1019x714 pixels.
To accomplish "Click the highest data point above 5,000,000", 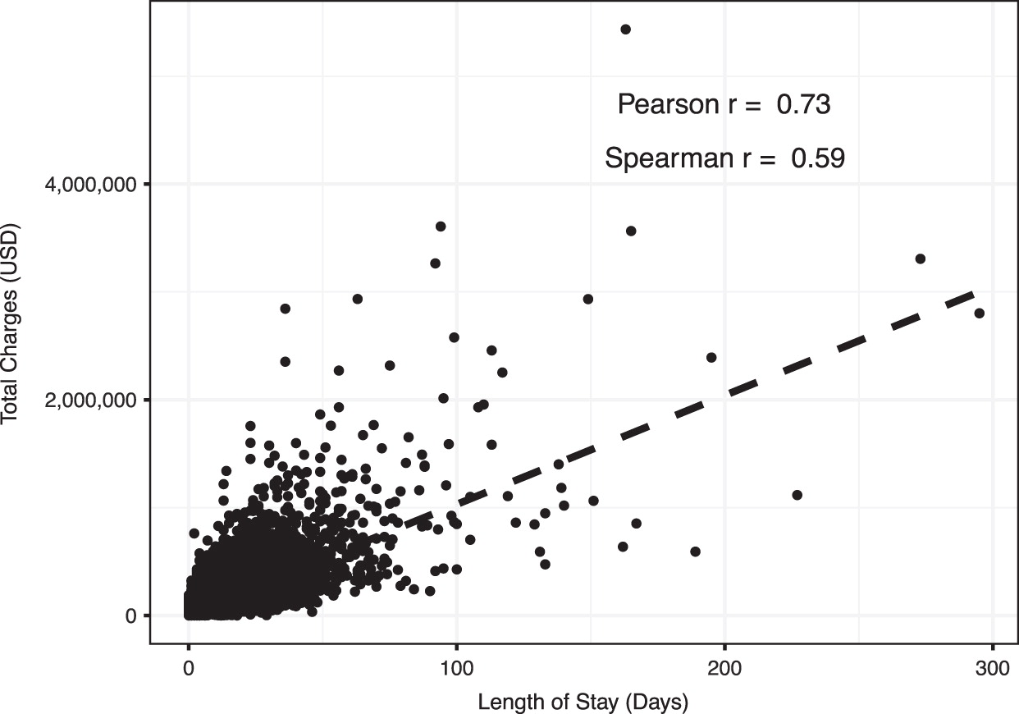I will point(625,30).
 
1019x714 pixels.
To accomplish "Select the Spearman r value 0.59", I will point(817,158).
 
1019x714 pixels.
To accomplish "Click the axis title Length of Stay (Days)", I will point(583,702).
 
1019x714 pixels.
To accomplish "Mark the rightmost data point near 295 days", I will point(979,313).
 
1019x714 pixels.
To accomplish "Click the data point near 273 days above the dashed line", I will point(920,259).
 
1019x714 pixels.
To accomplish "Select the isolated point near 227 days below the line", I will point(797,495).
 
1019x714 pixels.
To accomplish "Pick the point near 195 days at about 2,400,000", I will point(711,357).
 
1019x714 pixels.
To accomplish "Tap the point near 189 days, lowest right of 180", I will point(695,552).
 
